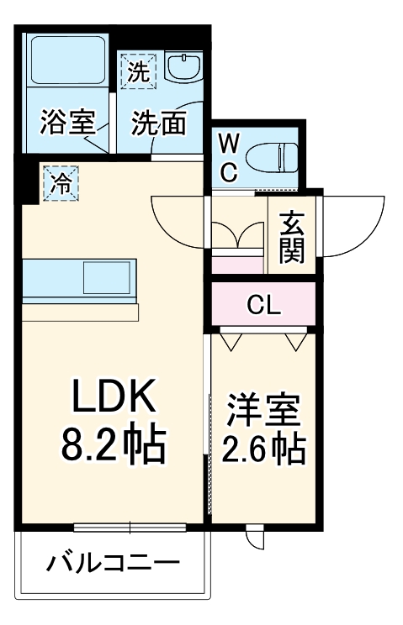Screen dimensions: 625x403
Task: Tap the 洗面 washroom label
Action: point(159,123)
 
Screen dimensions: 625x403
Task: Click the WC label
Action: point(230,157)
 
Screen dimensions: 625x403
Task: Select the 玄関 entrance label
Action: point(292,236)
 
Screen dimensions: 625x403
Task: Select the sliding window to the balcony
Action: point(130,527)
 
